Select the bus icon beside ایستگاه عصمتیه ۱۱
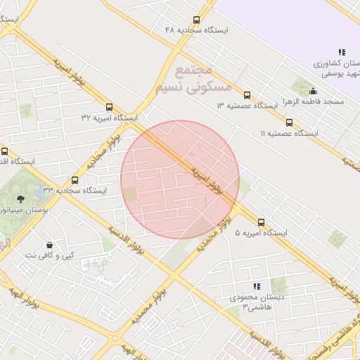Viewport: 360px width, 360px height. [x=289, y=122]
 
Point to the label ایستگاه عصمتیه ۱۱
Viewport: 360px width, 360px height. [x=289, y=133]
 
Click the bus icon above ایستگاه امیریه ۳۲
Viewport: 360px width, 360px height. [x=108, y=107]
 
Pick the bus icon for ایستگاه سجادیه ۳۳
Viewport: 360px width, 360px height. [x=75, y=180]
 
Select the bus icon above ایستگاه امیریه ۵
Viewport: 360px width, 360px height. [x=261, y=222]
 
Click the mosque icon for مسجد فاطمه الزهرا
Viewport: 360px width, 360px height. [x=313, y=91]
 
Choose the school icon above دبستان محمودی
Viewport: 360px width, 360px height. [x=256, y=286]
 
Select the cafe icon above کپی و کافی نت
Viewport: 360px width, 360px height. [x=49, y=244]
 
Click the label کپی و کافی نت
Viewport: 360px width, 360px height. [x=49, y=255]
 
